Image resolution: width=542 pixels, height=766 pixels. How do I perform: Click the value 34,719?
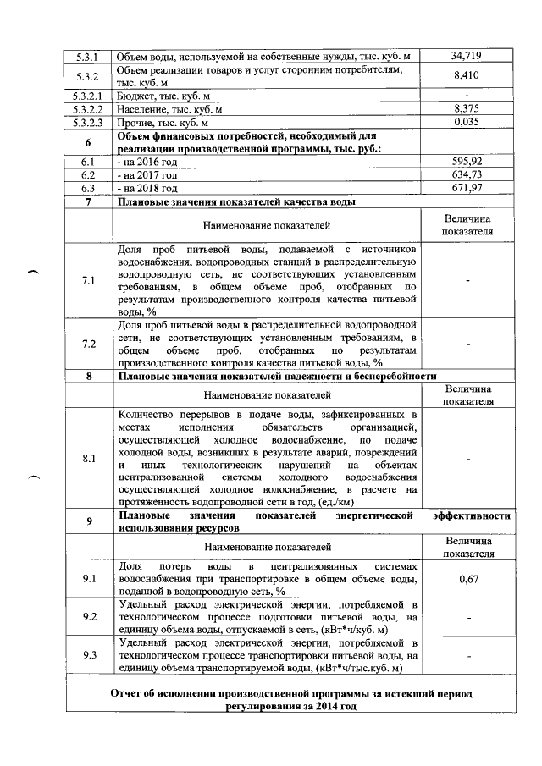467,56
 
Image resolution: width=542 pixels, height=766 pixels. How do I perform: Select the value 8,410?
467,74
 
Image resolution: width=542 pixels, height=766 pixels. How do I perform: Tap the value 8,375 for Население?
467,108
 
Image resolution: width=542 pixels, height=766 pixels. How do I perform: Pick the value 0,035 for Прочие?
467,122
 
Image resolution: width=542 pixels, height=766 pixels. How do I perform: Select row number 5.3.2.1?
88,96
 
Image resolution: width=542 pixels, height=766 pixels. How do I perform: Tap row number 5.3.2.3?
88,122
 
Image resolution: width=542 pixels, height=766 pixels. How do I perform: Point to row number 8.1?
88,458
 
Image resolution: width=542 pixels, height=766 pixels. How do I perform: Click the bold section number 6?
88,141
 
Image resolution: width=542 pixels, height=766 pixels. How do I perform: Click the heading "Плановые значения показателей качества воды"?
236,201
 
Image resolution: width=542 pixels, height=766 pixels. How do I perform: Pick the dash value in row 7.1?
467,281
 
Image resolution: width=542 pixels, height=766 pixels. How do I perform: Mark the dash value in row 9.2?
467,617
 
